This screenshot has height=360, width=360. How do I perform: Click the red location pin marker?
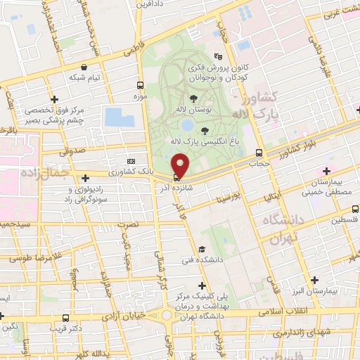181,166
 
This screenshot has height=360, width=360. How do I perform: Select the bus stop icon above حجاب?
259,153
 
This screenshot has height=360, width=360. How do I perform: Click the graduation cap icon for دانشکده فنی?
202,249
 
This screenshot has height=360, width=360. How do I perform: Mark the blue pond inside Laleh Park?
187,125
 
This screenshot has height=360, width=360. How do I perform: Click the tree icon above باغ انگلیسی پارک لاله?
205,130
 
